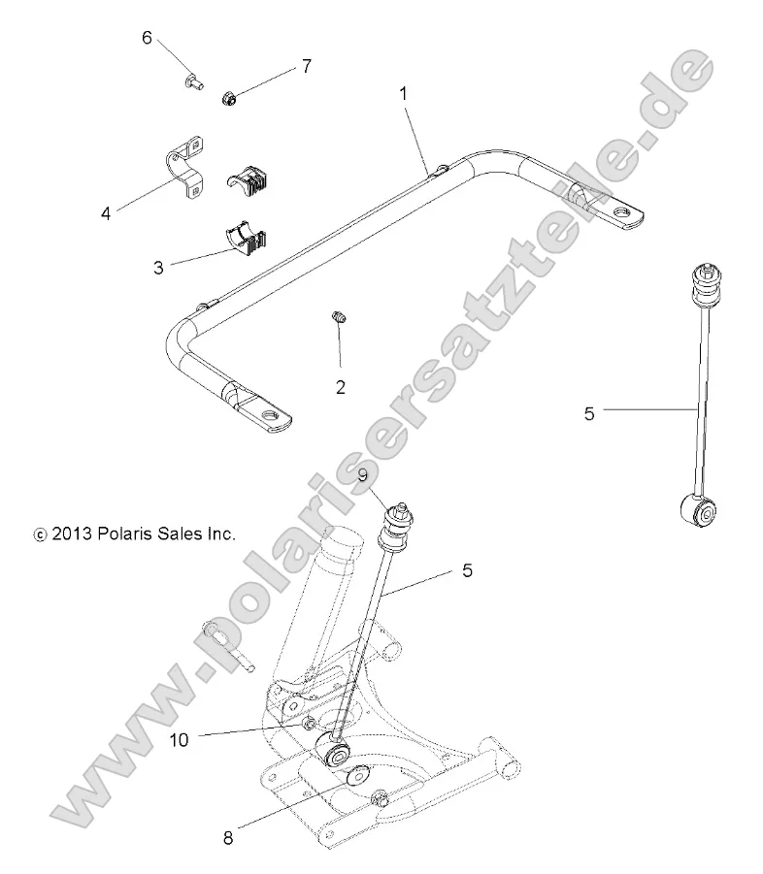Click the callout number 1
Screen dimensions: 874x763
[x=404, y=94]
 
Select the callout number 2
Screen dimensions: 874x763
[x=341, y=387]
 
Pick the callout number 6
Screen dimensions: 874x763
[x=148, y=38]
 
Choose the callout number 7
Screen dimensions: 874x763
[x=306, y=66]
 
